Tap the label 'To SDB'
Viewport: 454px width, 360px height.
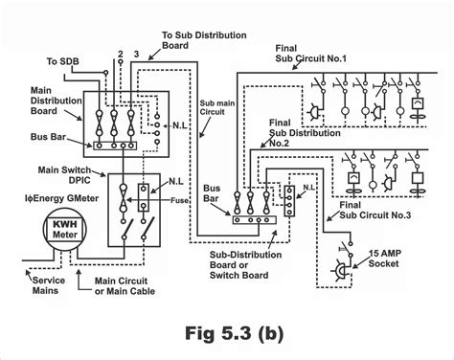coord(64,63)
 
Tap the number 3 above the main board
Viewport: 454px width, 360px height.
coord(137,55)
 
